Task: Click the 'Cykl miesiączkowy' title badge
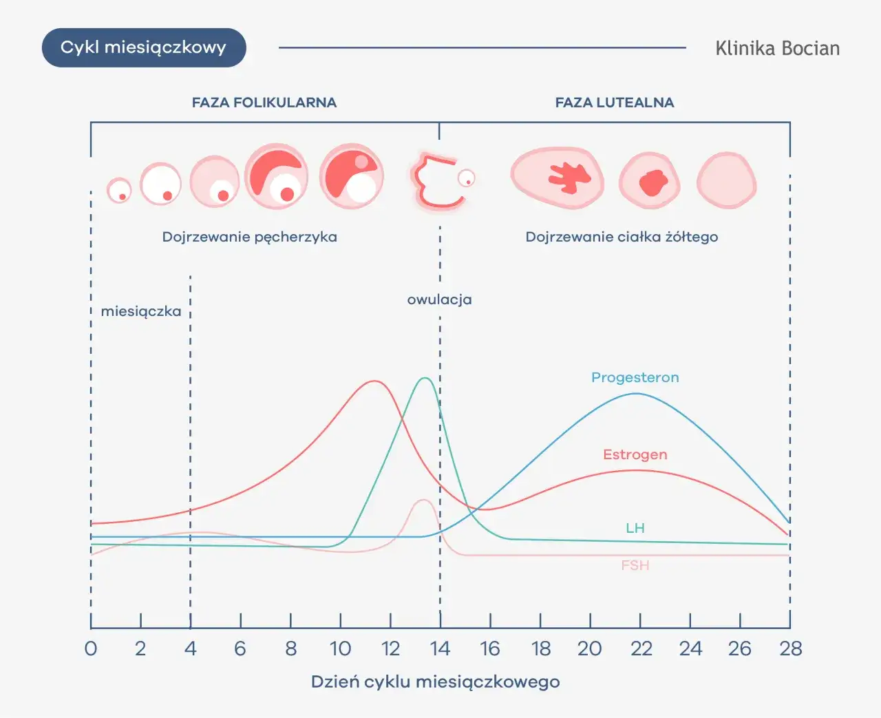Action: click(144, 47)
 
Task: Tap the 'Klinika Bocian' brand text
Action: click(777, 48)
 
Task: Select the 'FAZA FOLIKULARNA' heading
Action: click(264, 103)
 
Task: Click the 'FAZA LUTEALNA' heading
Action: click(615, 103)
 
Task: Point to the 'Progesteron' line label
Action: click(635, 377)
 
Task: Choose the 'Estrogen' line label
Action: click(635, 454)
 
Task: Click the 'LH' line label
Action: click(635, 528)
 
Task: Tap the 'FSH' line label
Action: click(635, 565)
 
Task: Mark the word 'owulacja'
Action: click(439, 299)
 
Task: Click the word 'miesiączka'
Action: click(141, 311)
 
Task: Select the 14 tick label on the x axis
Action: click(440, 648)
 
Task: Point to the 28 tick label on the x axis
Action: click(790, 648)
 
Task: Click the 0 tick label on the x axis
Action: click(91, 648)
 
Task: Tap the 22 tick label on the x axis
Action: click(641, 648)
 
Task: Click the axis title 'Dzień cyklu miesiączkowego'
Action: click(435, 682)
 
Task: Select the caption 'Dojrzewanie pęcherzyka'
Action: click(249, 237)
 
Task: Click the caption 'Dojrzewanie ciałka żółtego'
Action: click(622, 237)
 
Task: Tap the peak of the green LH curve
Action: click(425, 378)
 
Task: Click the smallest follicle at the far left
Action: click(119, 190)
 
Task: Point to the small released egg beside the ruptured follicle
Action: click(467, 179)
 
